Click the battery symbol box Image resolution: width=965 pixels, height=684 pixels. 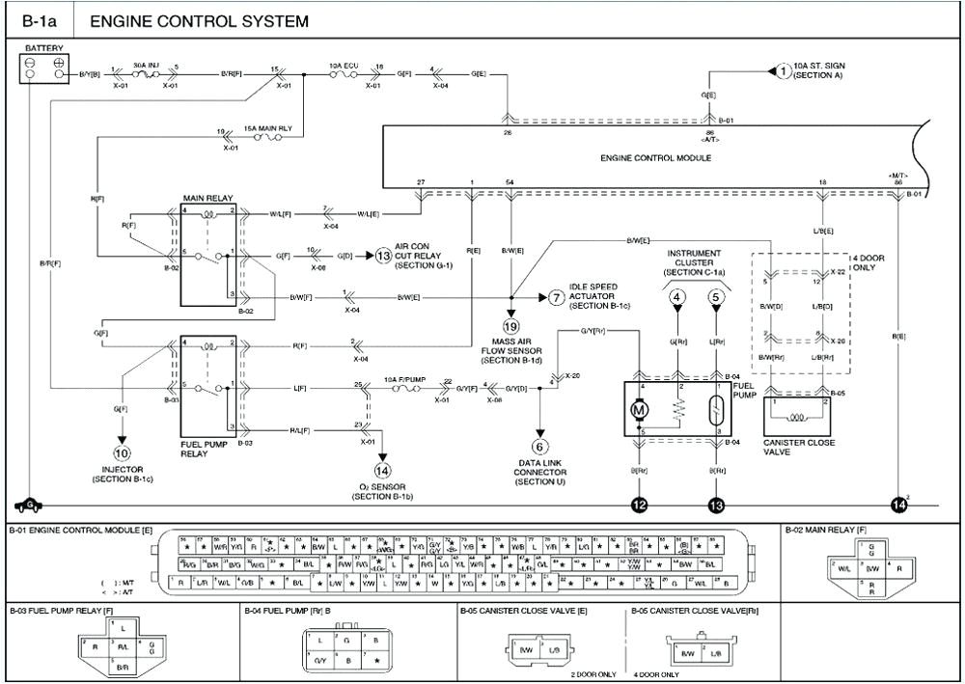pyautogui.click(x=44, y=67)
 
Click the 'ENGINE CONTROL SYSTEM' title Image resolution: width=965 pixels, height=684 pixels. pyautogui.click(x=199, y=20)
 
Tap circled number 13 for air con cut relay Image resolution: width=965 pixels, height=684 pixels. pyautogui.click(x=384, y=256)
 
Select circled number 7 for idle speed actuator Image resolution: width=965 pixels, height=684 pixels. pyautogui.click(x=556, y=297)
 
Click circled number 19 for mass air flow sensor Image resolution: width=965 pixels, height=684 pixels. pyautogui.click(x=510, y=327)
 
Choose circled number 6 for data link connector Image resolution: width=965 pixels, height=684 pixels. pyautogui.click(x=539, y=446)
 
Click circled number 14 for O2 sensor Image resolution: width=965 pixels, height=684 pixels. pyautogui.click(x=382, y=471)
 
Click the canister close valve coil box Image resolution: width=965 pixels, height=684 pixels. pyautogui.click(x=798, y=418)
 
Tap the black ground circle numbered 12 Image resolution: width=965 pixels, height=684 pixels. pyautogui.click(x=638, y=505)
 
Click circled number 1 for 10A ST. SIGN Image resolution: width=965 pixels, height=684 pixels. pyautogui.click(x=783, y=68)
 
